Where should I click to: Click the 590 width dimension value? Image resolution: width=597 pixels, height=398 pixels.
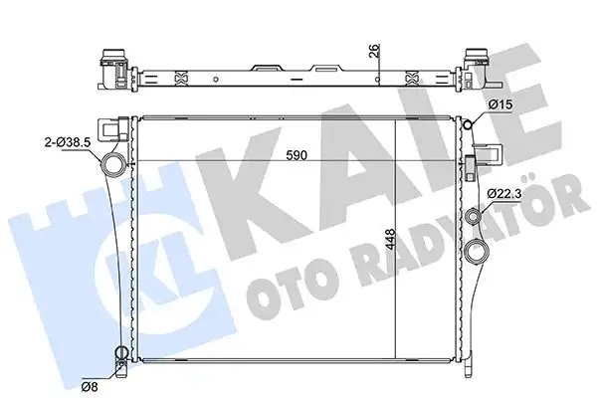296,155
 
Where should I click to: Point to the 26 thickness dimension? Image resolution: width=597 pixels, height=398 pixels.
374,53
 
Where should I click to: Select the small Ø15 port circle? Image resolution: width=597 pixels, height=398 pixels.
472,122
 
